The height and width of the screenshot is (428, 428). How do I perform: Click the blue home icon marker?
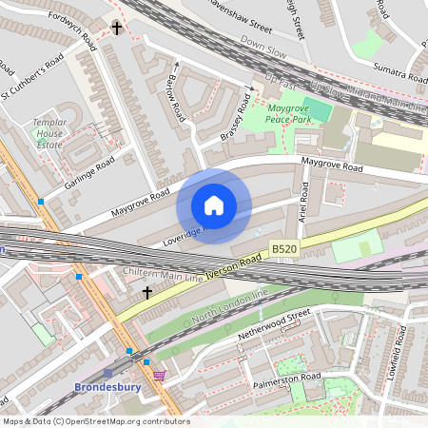pyautogui.click(x=214, y=205)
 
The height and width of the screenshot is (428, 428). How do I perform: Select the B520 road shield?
pyautogui.click(x=283, y=248)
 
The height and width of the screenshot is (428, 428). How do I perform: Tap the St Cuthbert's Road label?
pyautogui.click(x=32, y=78)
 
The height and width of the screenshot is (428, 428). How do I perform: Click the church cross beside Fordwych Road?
pyautogui.click(x=117, y=29)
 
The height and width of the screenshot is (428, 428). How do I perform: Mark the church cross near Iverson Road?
pyautogui.click(x=146, y=293)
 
